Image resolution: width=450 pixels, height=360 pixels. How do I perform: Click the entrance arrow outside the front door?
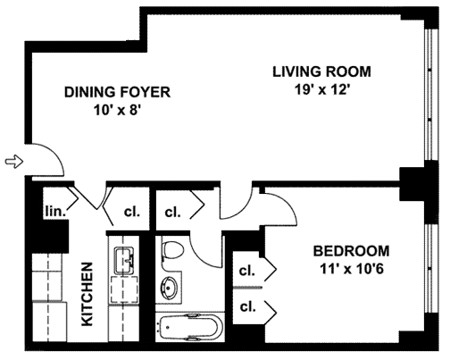click(14, 162)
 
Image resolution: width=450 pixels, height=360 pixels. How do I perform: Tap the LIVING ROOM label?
click(321, 71)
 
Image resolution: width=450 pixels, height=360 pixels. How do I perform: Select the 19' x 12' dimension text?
click(321, 89)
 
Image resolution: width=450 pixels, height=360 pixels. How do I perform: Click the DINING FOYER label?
click(117, 92)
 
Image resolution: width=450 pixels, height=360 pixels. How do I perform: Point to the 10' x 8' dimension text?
click(117, 111)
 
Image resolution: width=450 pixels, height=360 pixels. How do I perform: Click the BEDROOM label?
click(351, 251)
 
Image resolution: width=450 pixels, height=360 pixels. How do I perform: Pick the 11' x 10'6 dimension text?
click(351, 269)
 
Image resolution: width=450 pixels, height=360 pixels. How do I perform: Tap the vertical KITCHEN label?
click(87, 294)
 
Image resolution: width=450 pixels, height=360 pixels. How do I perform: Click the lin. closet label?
click(55, 212)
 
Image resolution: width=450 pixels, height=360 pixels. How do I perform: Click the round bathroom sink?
click(169, 288)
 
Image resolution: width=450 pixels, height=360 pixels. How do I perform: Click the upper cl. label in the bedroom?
click(247, 271)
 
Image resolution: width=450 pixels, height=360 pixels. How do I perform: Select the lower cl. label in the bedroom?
click(248, 306)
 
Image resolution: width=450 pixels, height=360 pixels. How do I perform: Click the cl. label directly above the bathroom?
click(173, 213)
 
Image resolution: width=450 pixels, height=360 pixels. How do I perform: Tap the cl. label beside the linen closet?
click(132, 212)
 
